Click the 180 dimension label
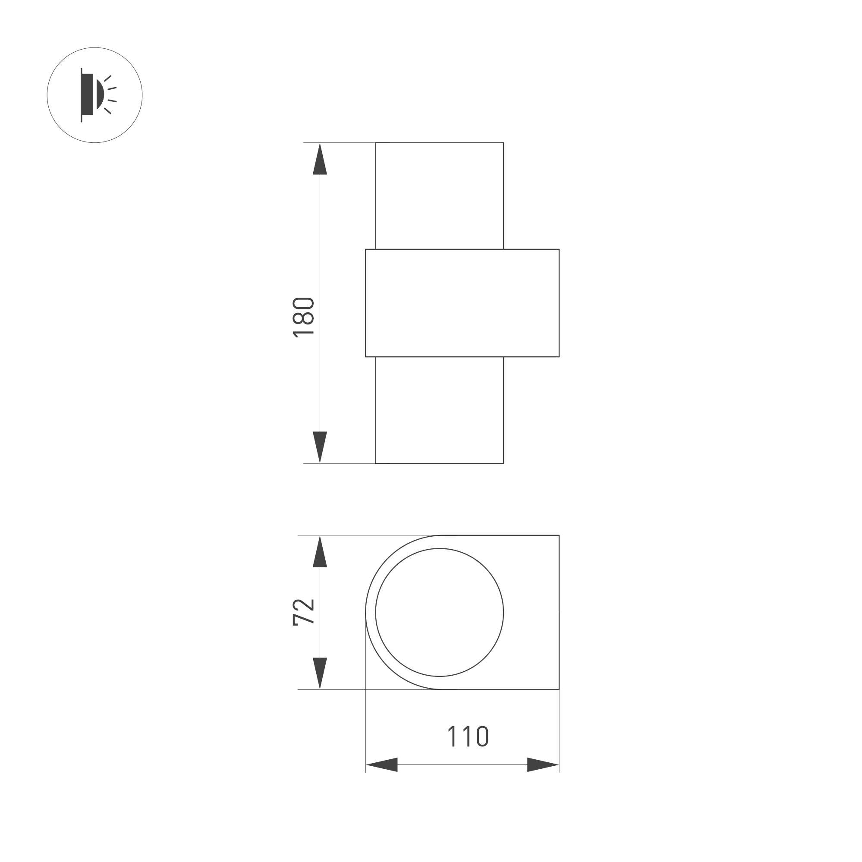pyautogui.click(x=303, y=317)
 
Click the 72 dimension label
pyautogui.click(x=303, y=612)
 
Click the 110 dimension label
pyautogui.click(x=468, y=736)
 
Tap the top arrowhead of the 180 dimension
pyautogui.click(x=320, y=158)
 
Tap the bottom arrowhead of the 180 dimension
pyautogui.click(x=320, y=447)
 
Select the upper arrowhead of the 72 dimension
pyautogui.click(x=320, y=551)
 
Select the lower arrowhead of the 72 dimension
pyautogui.click(x=320, y=673)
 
